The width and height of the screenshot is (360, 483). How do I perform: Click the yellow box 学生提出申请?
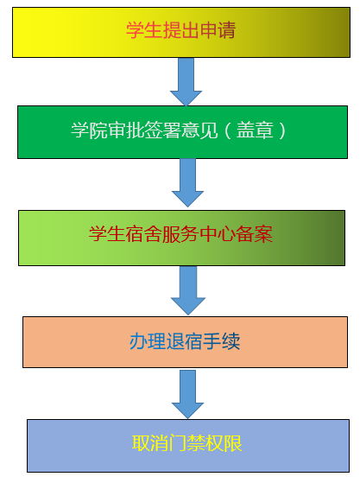pos(181,32)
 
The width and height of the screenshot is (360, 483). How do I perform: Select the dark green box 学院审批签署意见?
pos(182,132)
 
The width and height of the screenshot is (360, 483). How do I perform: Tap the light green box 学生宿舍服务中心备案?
pos(181,238)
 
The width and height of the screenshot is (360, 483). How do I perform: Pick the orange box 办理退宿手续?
pos(185,342)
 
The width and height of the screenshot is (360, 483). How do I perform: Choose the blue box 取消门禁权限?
pos(188,446)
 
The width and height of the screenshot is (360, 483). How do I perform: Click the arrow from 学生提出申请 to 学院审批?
pos(186,81)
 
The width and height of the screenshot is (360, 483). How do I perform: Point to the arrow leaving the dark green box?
pos(187,182)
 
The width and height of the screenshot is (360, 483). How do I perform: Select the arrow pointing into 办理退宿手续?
pos(188,290)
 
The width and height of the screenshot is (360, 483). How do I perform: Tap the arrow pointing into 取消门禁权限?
pos(187,395)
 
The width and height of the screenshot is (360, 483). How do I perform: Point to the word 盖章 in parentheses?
pos(255,130)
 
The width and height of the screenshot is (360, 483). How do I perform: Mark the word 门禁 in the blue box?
pos(187,443)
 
